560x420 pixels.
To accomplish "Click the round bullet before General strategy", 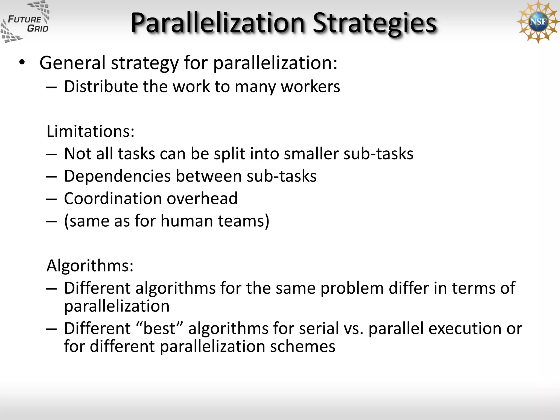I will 22,63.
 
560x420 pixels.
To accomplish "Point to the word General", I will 72,63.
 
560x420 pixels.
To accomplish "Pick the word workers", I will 311,87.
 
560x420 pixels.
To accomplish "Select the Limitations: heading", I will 91,131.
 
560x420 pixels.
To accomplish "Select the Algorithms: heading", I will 90,266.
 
